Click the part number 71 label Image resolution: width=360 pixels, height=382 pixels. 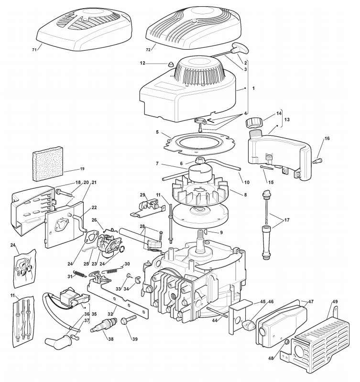click(x=34, y=49)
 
